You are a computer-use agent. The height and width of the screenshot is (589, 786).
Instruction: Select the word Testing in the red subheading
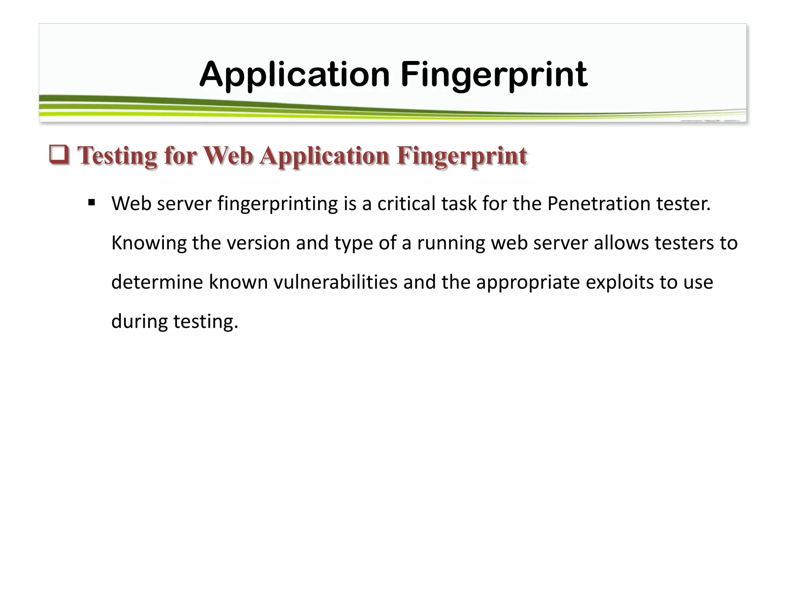(x=117, y=156)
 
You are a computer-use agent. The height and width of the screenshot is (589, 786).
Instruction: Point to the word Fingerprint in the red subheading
(x=461, y=156)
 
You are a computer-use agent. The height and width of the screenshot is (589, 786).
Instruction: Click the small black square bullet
(x=91, y=202)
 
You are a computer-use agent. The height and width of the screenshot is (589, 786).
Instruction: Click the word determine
(x=157, y=282)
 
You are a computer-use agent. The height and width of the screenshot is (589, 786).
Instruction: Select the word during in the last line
(x=139, y=321)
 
